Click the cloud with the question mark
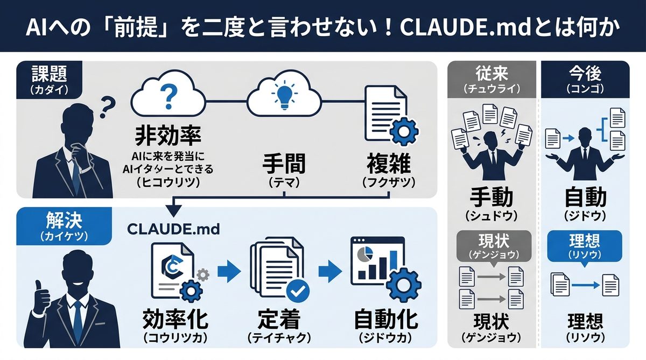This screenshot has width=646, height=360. coord(168,97)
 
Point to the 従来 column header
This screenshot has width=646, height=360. coord(492,79)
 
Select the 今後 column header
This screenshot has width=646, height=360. coord(585,79)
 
